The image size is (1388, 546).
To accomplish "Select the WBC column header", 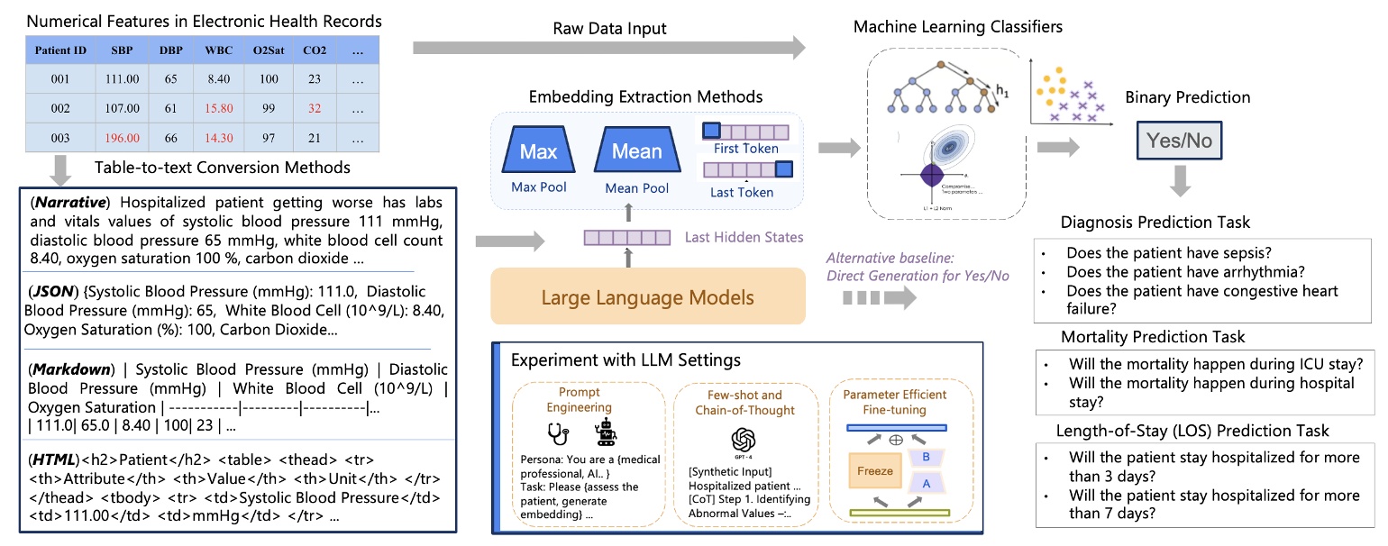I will pos(219,50).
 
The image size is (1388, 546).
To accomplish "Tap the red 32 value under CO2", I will pos(314,108).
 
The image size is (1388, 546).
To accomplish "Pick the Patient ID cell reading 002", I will pos(59,108).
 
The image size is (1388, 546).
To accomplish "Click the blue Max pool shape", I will pos(538,151).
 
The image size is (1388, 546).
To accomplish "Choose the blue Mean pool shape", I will pos(636,151).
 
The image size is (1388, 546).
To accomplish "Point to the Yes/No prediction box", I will pos(1179,141).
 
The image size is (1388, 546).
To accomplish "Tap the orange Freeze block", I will pos(874,470).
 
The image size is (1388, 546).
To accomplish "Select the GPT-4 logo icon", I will pos(743,440).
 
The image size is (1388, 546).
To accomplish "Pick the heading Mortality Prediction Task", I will pos(1153,337).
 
